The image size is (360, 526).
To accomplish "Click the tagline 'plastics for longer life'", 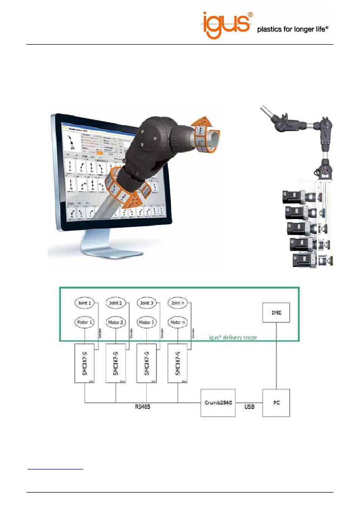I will [292, 29].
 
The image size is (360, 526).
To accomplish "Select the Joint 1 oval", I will [84, 303].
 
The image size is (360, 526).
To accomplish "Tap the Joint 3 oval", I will [146, 303].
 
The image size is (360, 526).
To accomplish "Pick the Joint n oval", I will [177, 303].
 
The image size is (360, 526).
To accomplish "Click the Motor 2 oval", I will [115, 322].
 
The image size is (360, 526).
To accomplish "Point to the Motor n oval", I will [177, 322].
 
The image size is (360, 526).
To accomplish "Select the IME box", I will [276, 313].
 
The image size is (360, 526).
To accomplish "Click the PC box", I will [276, 402].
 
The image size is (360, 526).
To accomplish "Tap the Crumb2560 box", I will [218, 402].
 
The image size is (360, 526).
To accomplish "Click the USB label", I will [249, 407].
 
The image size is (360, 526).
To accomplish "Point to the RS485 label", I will [142, 407].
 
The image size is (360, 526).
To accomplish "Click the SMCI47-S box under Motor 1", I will [84, 363].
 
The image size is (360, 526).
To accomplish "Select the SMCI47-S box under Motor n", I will [177, 363].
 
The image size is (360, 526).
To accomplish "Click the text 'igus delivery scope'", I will [233, 337].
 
